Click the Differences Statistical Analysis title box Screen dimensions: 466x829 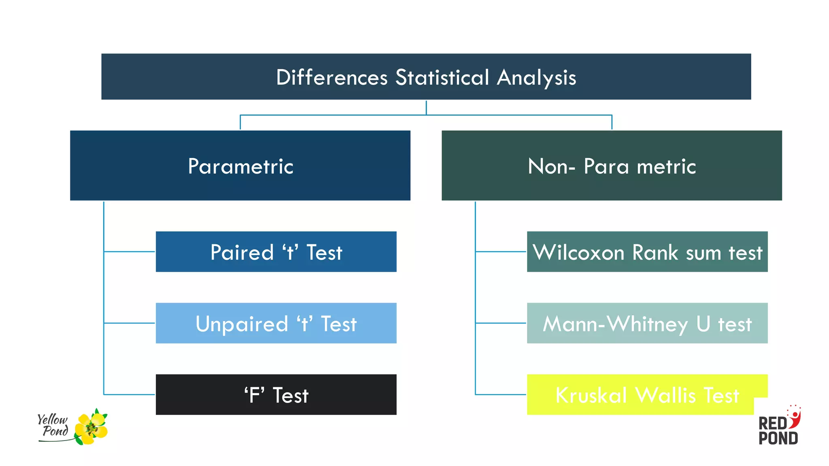click(x=426, y=76)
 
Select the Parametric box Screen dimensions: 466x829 click(x=240, y=165)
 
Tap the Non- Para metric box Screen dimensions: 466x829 click(x=612, y=165)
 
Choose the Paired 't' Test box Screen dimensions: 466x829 click(x=276, y=252)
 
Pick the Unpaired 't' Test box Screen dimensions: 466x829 click(x=276, y=323)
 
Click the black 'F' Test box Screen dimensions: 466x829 click(x=276, y=394)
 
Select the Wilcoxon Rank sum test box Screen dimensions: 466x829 click(x=647, y=252)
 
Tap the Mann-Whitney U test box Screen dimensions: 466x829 click(x=647, y=323)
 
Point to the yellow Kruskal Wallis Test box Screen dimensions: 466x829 click(x=647, y=394)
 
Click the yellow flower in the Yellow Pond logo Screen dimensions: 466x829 click(x=91, y=428)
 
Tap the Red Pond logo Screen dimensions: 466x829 click(x=778, y=430)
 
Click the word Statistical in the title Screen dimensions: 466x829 click(x=442, y=77)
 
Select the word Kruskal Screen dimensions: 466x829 click(x=591, y=395)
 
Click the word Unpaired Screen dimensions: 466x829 click(x=242, y=324)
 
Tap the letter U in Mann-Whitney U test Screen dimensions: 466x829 click(x=703, y=324)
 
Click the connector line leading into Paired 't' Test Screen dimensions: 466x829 click(x=130, y=252)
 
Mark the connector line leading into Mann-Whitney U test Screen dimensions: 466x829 click(x=501, y=323)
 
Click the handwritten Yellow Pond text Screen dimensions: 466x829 click(x=53, y=425)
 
